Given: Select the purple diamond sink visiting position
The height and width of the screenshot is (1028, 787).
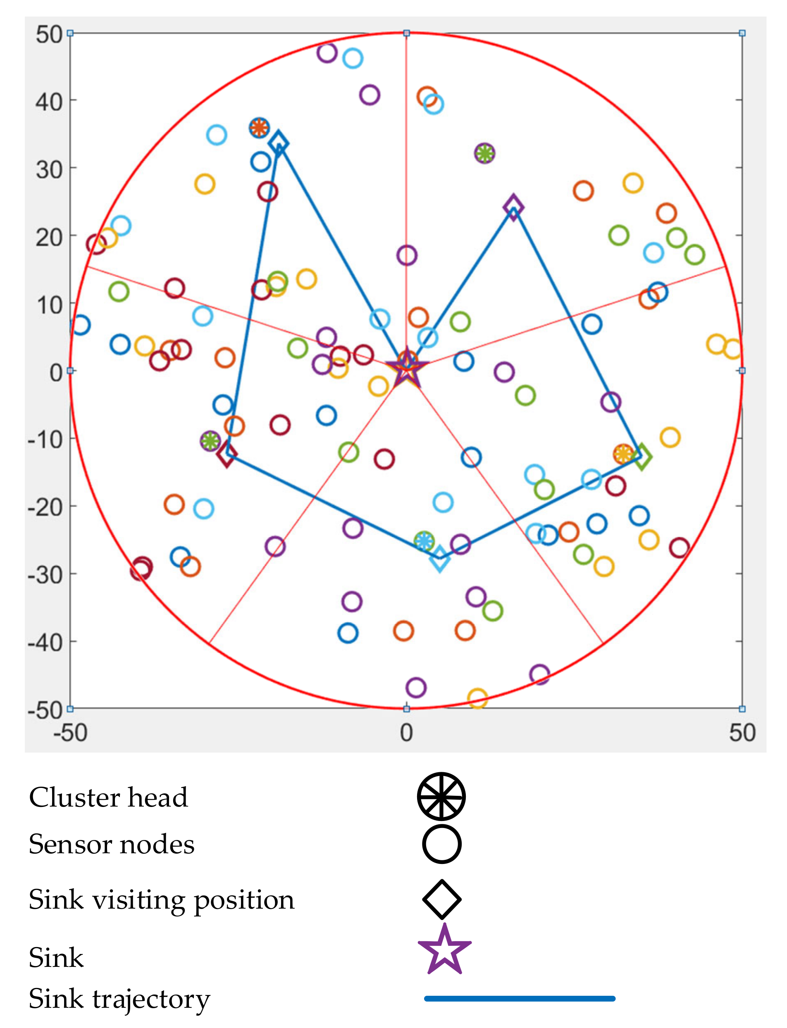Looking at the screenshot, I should coord(513,207).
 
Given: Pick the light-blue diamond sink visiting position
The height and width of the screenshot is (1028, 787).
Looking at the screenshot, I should coord(439,558).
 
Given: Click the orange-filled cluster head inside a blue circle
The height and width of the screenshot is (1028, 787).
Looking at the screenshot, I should coord(259,127).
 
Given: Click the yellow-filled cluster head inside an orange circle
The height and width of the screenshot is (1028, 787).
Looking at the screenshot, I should coord(623,454).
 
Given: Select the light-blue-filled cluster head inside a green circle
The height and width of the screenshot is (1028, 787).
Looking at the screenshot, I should coord(424,541).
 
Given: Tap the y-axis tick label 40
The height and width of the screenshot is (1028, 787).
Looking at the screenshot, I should coord(49,102).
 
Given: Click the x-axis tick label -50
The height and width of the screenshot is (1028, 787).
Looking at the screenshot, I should coord(70,733).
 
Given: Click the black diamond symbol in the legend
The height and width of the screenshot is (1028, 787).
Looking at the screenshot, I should coord(441,899).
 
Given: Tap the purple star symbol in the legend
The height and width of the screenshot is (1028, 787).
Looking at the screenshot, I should coord(444,951).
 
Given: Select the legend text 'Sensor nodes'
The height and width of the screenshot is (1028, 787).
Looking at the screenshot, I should coord(112,845).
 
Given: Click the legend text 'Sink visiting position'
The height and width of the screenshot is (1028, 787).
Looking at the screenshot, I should coord(162,899).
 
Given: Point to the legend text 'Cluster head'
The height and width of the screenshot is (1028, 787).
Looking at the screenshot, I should coord(108,797).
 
